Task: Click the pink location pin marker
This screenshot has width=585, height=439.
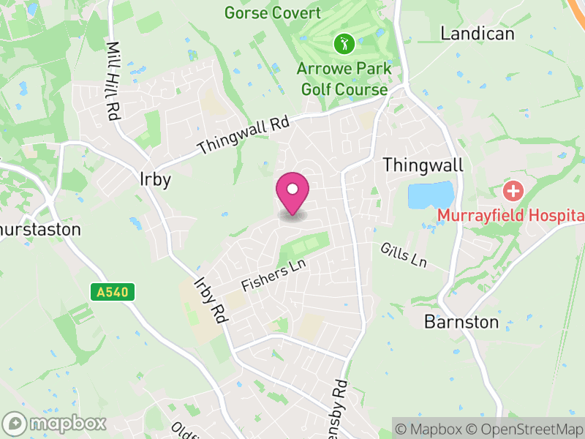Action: point(292,192)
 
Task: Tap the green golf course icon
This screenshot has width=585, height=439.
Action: point(343,44)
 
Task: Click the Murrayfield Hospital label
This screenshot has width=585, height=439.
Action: point(511,215)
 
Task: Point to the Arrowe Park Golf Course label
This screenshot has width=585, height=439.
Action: point(343,79)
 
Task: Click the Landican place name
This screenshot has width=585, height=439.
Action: point(478,34)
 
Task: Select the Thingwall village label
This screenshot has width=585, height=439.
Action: point(423,165)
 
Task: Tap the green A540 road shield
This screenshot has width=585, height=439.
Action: point(113,292)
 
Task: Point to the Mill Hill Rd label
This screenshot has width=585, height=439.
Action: point(113,80)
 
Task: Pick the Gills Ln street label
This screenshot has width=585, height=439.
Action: point(403,255)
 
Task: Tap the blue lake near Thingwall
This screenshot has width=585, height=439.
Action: point(430,195)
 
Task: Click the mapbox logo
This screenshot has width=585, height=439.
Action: point(56,423)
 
